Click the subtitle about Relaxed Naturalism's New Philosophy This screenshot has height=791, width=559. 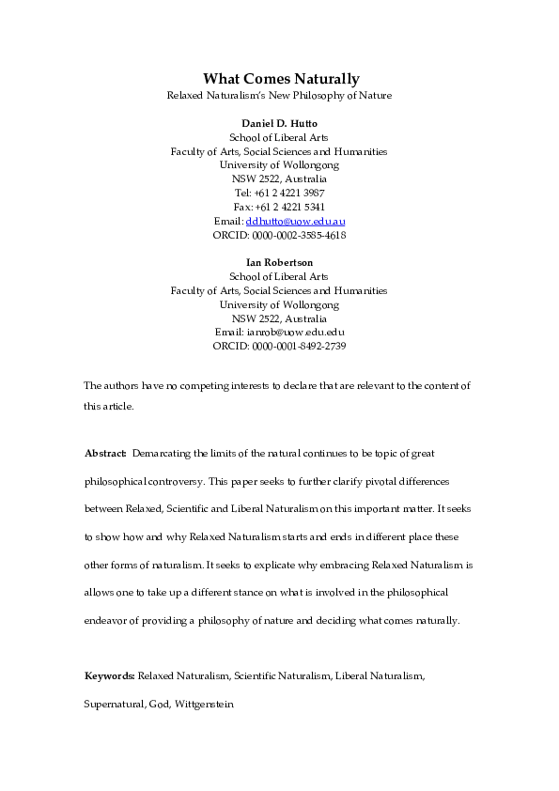[x=279, y=96]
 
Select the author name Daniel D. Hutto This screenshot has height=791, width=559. [x=279, y=123]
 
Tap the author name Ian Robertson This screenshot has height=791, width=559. [x=279, y=262]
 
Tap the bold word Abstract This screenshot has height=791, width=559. [x=105, y=454]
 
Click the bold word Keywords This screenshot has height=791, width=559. [x=110, y=675]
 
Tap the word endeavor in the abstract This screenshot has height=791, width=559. [x=110, y=620]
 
